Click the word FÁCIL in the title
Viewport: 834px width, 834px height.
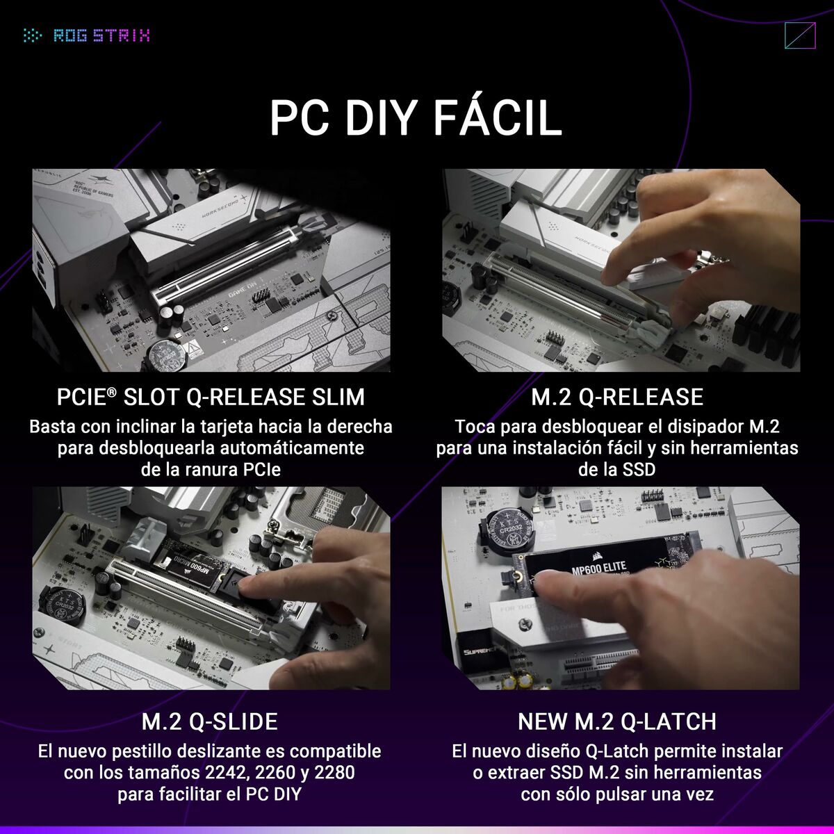(497, 118)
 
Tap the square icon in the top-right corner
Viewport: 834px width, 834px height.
(799, 36)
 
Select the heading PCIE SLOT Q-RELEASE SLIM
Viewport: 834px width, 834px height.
(210, 397)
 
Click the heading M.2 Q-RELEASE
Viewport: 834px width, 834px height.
(617, 397)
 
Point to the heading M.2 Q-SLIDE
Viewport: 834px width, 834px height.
(210, 721)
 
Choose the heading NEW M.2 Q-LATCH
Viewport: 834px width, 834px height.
(617, 721)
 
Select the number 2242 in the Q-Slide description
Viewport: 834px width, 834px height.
(224, 772)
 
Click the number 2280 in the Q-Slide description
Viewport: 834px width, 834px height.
(334, 772)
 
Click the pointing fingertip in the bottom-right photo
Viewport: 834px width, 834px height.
(550, 587)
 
